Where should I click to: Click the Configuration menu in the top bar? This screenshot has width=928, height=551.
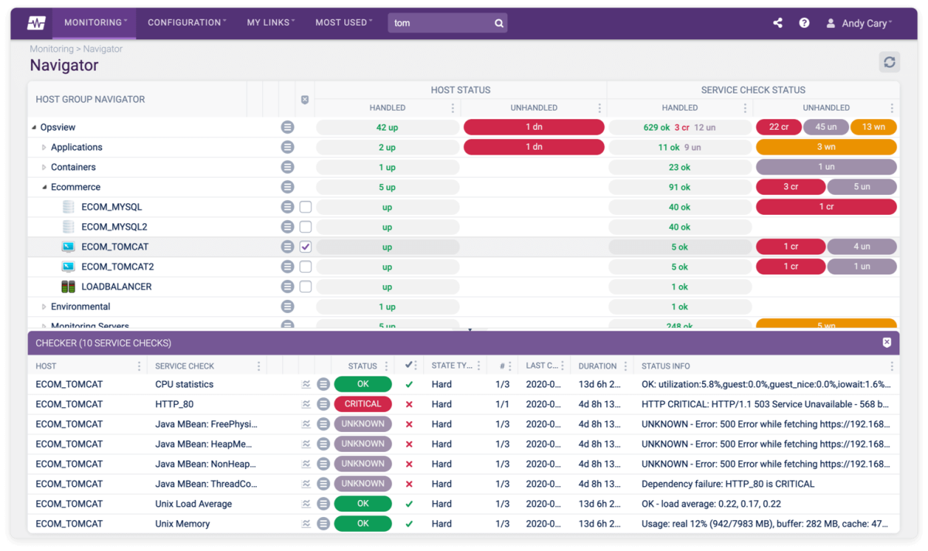click(x=186, y=23)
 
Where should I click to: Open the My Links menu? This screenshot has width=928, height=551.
click(x=270, y=23)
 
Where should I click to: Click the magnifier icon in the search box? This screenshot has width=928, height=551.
click(x=499, y=23)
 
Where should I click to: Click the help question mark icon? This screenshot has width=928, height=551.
click(x=804, y=23)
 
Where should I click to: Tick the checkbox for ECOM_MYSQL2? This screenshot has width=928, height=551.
click(x=305, y=227)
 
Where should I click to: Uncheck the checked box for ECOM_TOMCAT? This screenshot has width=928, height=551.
click(x=305, y=247)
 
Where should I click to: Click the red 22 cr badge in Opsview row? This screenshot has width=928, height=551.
click(x=778, y=128)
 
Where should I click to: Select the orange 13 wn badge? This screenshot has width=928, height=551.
click(x=873, y=128)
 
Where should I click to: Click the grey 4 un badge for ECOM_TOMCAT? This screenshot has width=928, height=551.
click(x=861, y=247)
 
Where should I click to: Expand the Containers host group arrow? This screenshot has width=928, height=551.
click(x=44, y=168)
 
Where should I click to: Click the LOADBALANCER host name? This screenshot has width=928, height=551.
click(x=116, y=287)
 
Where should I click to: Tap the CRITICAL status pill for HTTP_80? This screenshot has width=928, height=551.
click(x=363, y=404)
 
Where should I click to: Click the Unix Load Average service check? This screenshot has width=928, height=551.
click(x=193, y=504)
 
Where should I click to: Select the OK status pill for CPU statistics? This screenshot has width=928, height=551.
click(x=363, y=384)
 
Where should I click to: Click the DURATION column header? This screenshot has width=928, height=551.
click(x=597, y=366)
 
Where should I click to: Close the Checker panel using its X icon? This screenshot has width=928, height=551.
click(x=887, y=342)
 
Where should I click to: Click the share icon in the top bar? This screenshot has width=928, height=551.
click(x=778, y=23)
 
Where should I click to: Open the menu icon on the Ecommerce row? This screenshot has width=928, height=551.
click(x=288, y=187)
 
